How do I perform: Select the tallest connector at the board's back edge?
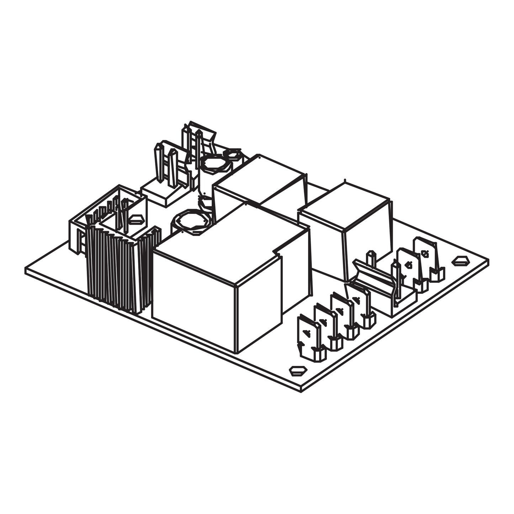tap(199, 142)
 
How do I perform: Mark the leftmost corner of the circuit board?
tap(26, 270)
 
